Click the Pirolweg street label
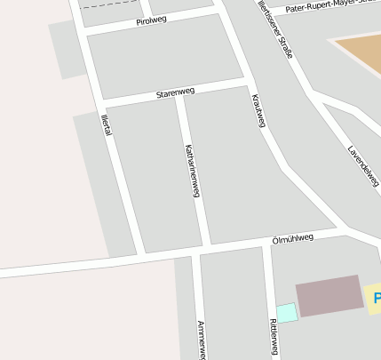153,21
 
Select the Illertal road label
107,125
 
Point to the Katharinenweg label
192,169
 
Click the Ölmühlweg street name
293,239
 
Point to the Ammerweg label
202,340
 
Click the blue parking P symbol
377,298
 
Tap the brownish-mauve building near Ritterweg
329,295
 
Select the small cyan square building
286,313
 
